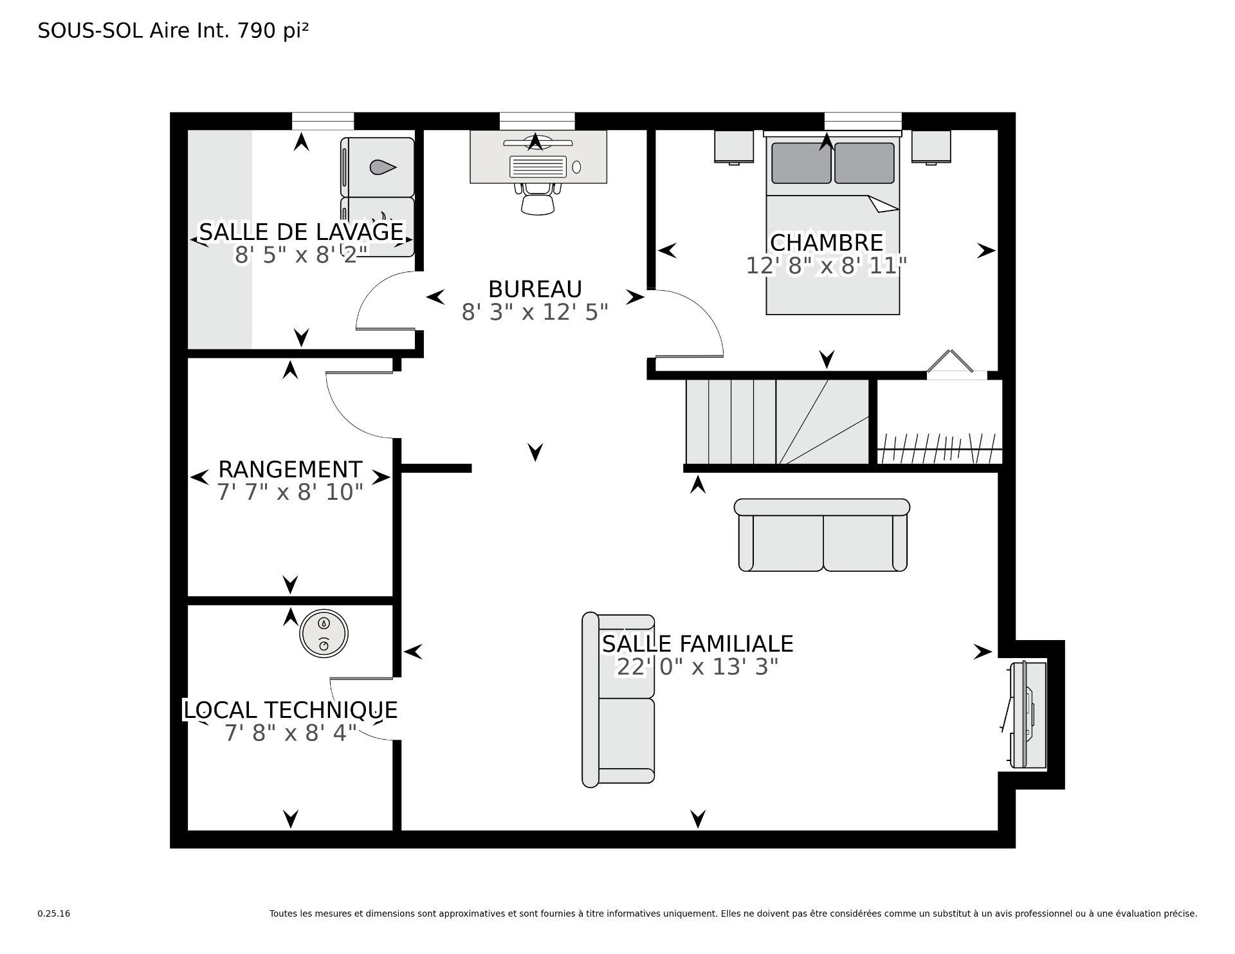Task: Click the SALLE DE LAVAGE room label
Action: click(x=301, y=232)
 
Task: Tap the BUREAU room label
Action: click(x=535, y=289)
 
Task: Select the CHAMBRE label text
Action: click(x=827, y=243)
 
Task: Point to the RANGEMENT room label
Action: click(x=290, y=469)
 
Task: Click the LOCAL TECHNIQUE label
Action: click(x=291, y=710)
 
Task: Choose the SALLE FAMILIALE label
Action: click(x=698, y=643)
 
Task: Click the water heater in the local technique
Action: click(x=324, y=633)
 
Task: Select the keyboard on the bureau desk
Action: click(x=538, y=167)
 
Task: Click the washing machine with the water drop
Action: click(x=378, y=167)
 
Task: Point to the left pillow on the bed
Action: click(x=801, y=163)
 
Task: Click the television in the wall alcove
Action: click(x=1023, y=715)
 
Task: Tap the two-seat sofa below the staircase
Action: click(x=822, y=535)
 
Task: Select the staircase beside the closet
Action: click(x=778, y=421)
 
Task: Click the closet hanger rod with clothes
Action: click(x=940, y=448)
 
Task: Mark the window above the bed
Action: click(x=863, y=121)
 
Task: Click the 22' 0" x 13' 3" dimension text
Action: click(x=698, y=667)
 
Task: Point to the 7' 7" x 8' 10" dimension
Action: click(x=290, y=492)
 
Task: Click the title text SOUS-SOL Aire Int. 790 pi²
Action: click(x=173, y=31)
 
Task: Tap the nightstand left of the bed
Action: click(x=734, y=147)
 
